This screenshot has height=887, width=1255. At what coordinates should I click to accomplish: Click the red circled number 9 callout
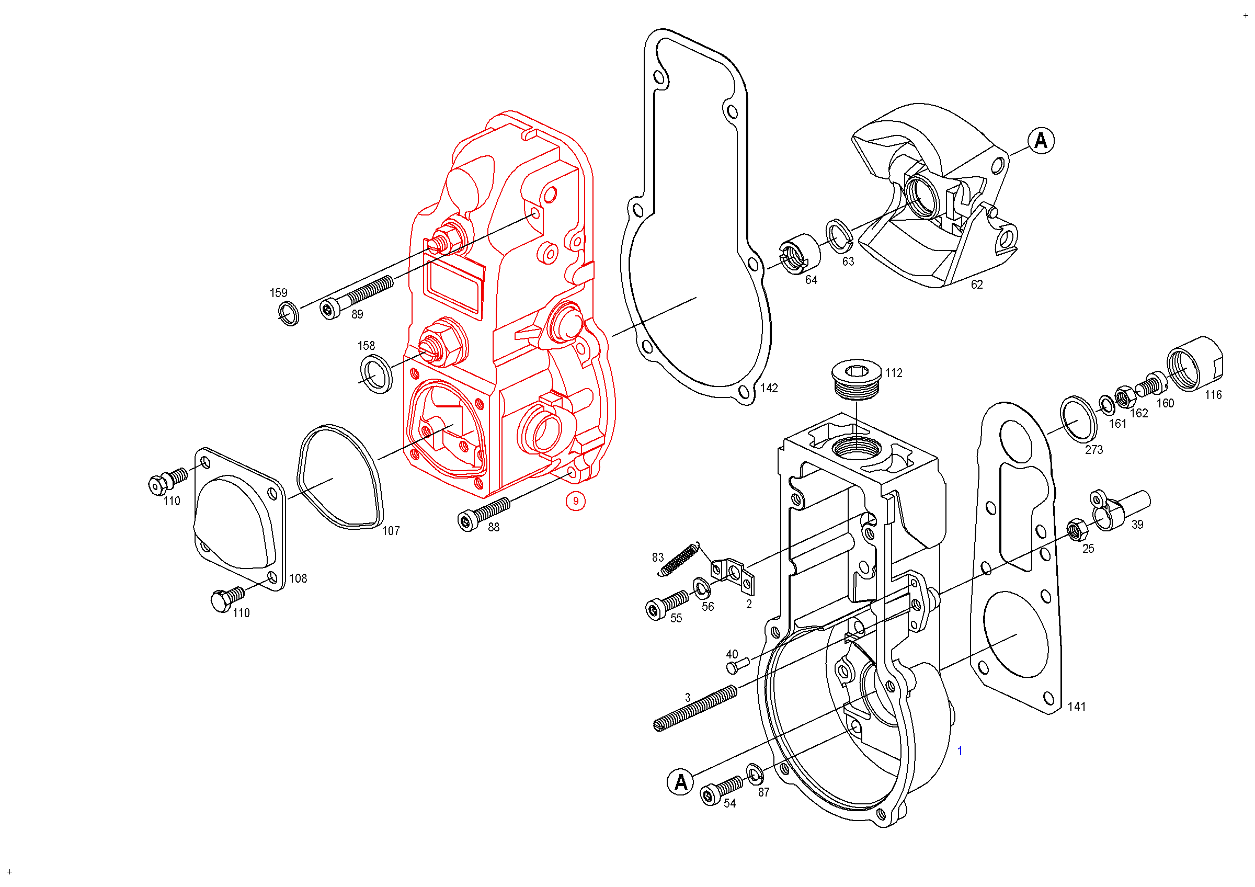coord(576,501)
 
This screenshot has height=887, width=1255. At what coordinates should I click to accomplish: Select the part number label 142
coord(769,388)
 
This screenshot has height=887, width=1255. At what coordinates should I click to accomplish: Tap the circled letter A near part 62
coord(1041,141)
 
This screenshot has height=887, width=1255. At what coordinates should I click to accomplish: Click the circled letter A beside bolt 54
coord(680,782)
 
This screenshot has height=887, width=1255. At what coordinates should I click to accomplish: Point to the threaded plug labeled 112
coord(856,379)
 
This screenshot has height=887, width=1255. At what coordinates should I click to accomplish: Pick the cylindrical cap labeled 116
coord(1194,363)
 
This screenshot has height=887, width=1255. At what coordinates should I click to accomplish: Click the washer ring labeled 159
coord(289,313)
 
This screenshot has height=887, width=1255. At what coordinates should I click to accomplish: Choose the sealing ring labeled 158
coord(376,374)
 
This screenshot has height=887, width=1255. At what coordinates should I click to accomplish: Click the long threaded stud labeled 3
coord(695,708)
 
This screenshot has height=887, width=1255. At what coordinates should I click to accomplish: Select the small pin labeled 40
coord(737,665)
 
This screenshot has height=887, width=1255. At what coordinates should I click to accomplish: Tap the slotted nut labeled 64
coord(798,254)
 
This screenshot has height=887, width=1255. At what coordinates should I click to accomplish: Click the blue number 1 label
coord(960,752)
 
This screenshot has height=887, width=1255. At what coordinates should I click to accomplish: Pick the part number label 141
coord(1077,707)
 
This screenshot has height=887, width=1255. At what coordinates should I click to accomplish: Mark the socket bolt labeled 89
coord(356,298)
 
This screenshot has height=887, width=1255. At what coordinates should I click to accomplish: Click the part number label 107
coord(391,531)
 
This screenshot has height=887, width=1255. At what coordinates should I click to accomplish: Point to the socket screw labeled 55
coord(667,606)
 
